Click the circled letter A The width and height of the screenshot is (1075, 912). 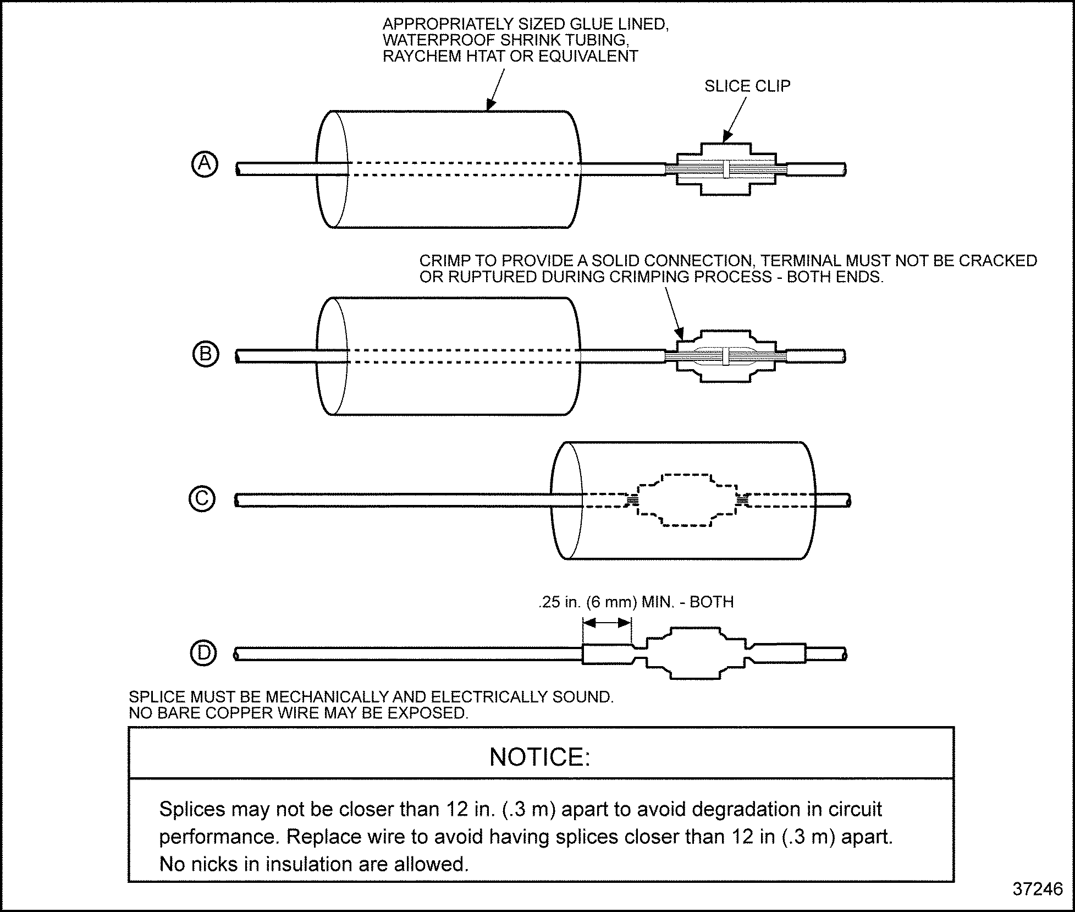(x=205, y=164)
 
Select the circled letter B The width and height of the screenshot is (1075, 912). (x=206, y=354)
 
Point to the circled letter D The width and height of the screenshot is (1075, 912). (x=203, y=653)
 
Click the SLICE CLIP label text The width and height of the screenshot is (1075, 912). (x=747, y=86)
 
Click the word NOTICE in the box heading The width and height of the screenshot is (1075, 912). (x=539, y=757)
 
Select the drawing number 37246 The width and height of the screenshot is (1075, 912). (x=1038, y=889)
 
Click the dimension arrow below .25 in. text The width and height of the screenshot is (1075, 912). (x=607, y=623)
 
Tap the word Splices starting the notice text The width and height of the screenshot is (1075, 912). (x=192, y=809)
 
